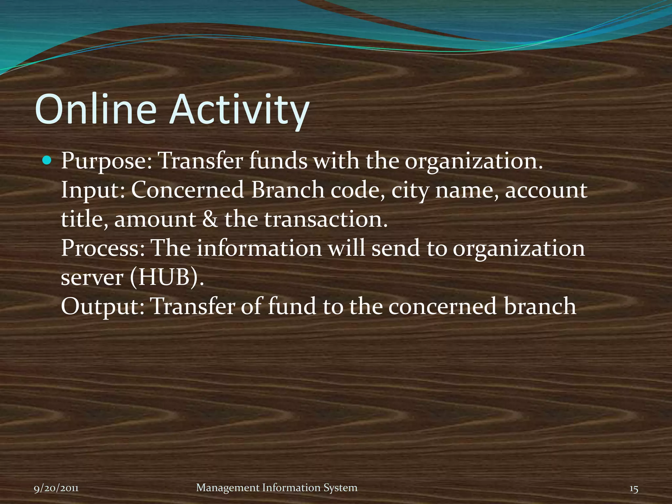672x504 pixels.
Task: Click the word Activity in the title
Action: point(239,110)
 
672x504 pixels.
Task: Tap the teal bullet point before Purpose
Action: point(48,161)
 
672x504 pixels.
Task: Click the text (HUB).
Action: point(167,278)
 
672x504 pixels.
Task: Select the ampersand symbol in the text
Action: point(210,219)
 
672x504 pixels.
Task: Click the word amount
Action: point(155,219)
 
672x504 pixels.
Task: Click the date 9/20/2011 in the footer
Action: point(56,488)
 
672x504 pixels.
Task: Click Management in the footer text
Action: point(228,488)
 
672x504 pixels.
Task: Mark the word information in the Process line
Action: point(259,248)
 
